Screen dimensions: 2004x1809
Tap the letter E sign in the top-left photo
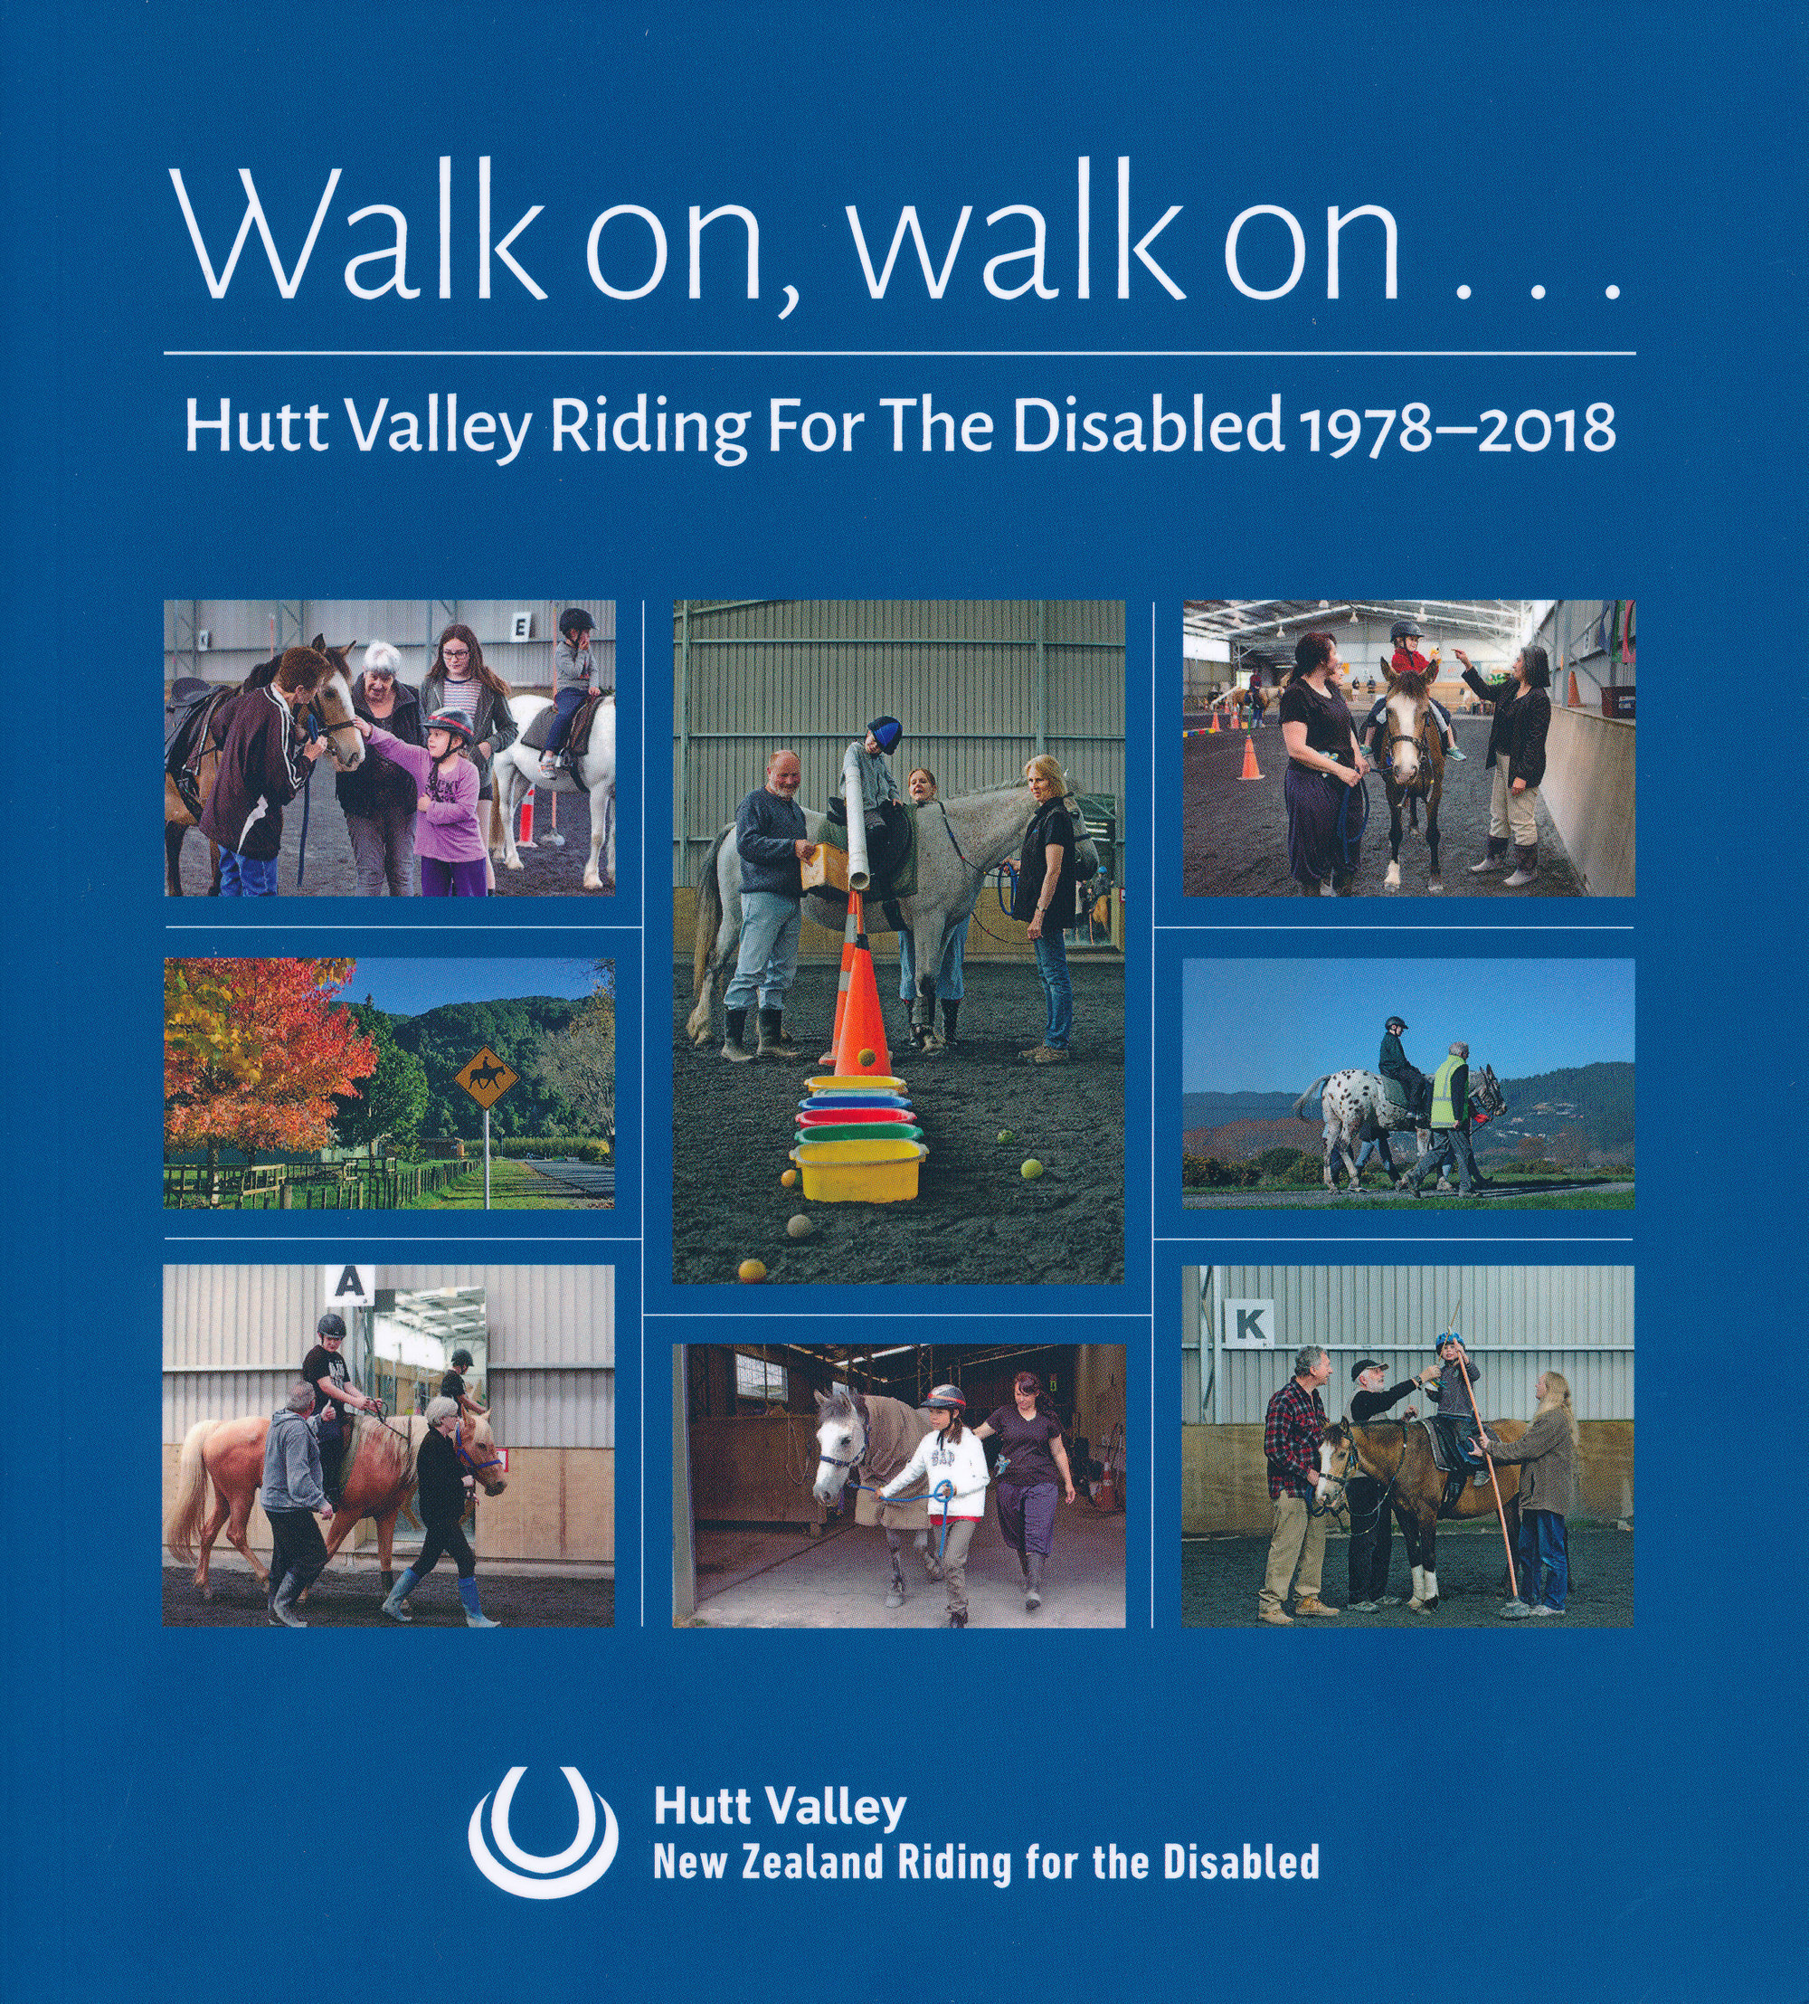[x=521, y=625]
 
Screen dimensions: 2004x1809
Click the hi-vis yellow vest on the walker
[x=1450, y=1090]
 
